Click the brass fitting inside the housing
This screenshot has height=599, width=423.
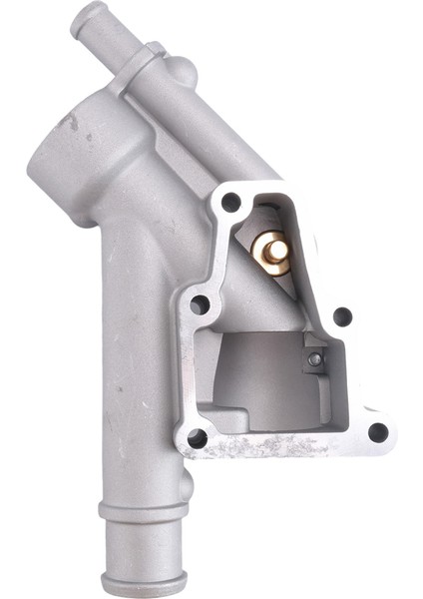pyautogui.click(x=270, y=251)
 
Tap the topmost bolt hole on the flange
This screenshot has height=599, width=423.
pyautogui.click(x=230, y=203)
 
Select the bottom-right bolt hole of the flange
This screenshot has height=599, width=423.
pyautogui.click(x=377, y=432)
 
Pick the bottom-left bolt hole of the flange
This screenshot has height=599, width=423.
pyautogui.click(x=198, y=437)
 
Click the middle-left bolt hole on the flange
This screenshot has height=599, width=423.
pyautogui.click(x=199, y=303)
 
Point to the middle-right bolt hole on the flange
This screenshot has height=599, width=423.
pyautogui.click(x=341, y=317)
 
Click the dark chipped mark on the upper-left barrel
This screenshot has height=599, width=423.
pyautogui.click(x=70, y=122)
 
